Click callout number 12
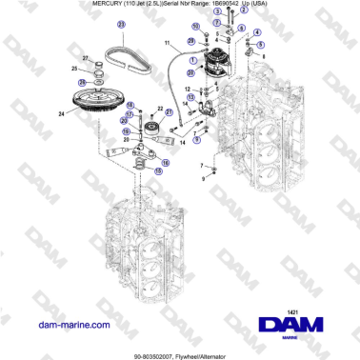point(189,90)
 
